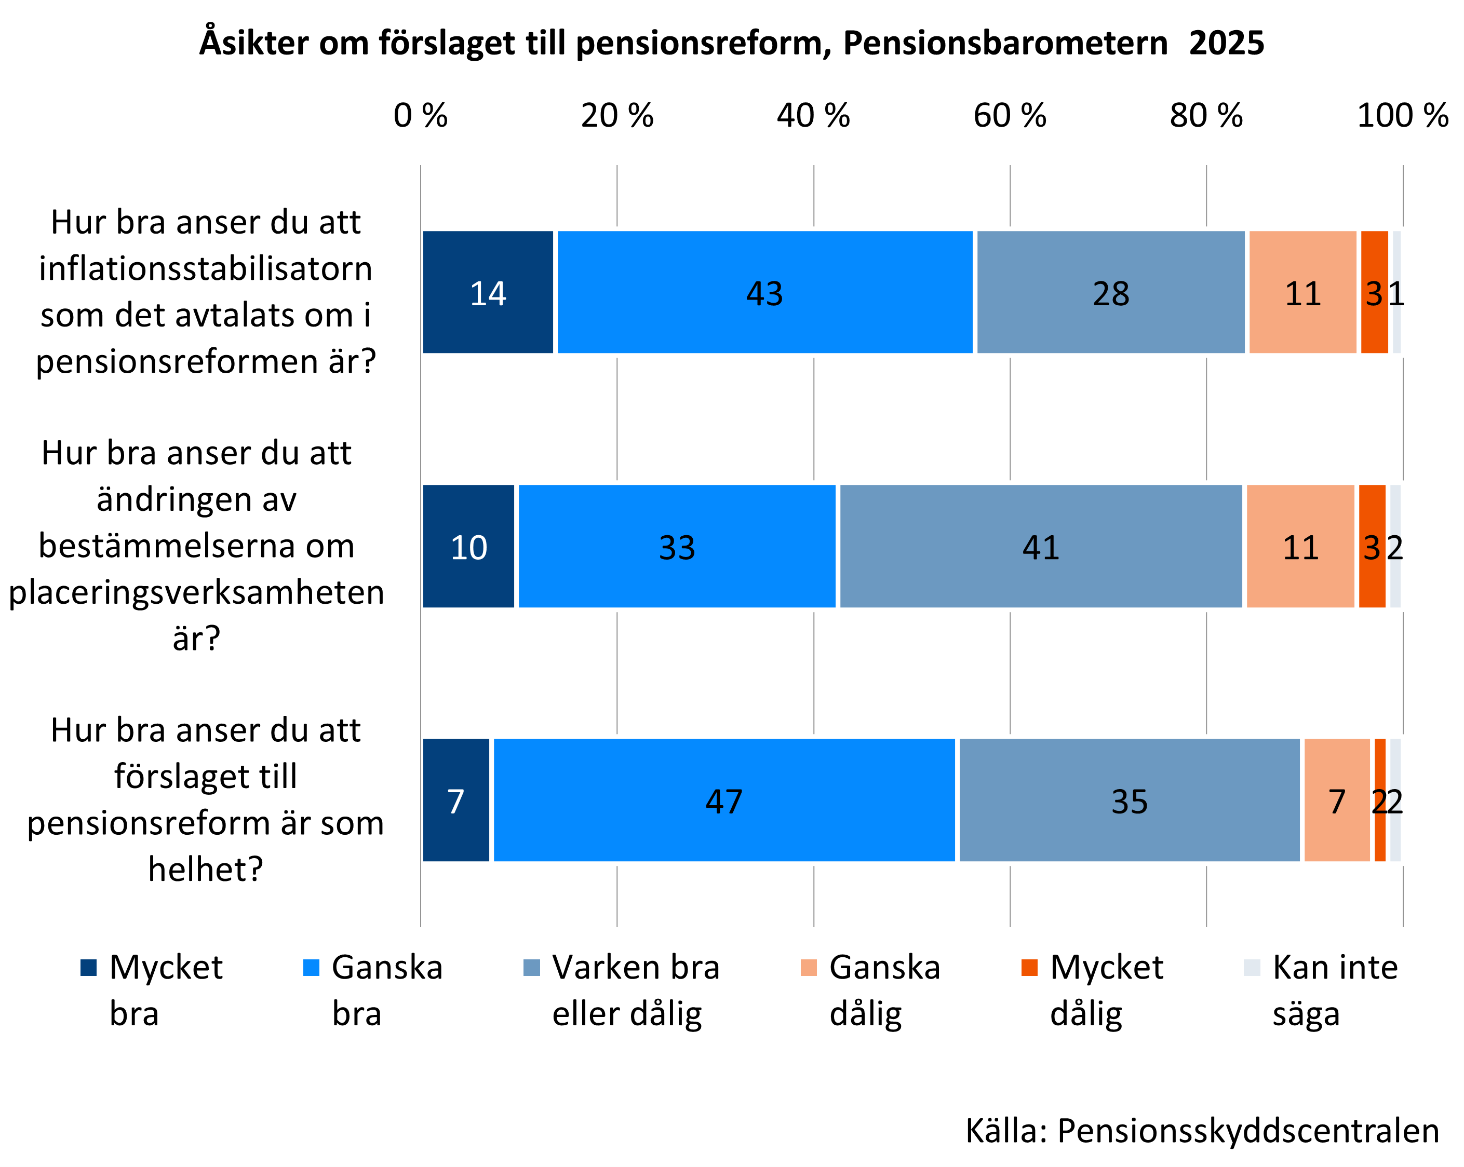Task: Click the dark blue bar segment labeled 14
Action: point(488,292)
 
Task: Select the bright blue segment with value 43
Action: point(764,292)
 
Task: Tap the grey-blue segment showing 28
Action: point(1110,292)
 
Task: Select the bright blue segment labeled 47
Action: point(724,800)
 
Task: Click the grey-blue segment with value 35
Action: point(1129,800)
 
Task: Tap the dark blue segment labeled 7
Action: point(455,800)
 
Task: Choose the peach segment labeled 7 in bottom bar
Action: point(1336,800)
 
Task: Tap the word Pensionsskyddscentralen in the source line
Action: point(1248,1130)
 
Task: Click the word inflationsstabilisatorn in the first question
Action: point(205,269)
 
